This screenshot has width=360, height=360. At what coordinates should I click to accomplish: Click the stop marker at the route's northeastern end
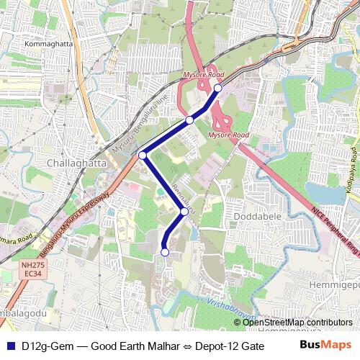(217, 89)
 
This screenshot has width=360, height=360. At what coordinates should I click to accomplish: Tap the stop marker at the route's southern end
(165, 252)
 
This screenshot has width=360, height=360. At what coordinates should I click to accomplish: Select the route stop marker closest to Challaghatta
(143, 155)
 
